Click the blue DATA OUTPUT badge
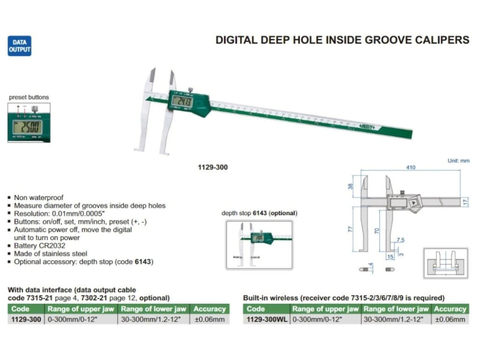tap(19, 46)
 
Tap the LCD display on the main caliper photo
tap(182, 102)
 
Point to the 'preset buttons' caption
tap(29, 97)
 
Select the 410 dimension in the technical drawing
tap(409, 168)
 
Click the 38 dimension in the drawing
tap(350, 186)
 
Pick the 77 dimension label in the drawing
tap(350, 229)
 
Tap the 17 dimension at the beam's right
tap(465, 202)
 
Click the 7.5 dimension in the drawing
tap(401, 240)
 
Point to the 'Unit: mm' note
tap(458, 161)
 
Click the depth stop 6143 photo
tap(259, 245)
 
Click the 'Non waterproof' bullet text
tap(38, 197)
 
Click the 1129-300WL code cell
tap(266, 319)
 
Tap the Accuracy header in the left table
tap(209, 309)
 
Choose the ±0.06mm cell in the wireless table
tap(450, 319)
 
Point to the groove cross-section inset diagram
tap(445, 263)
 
